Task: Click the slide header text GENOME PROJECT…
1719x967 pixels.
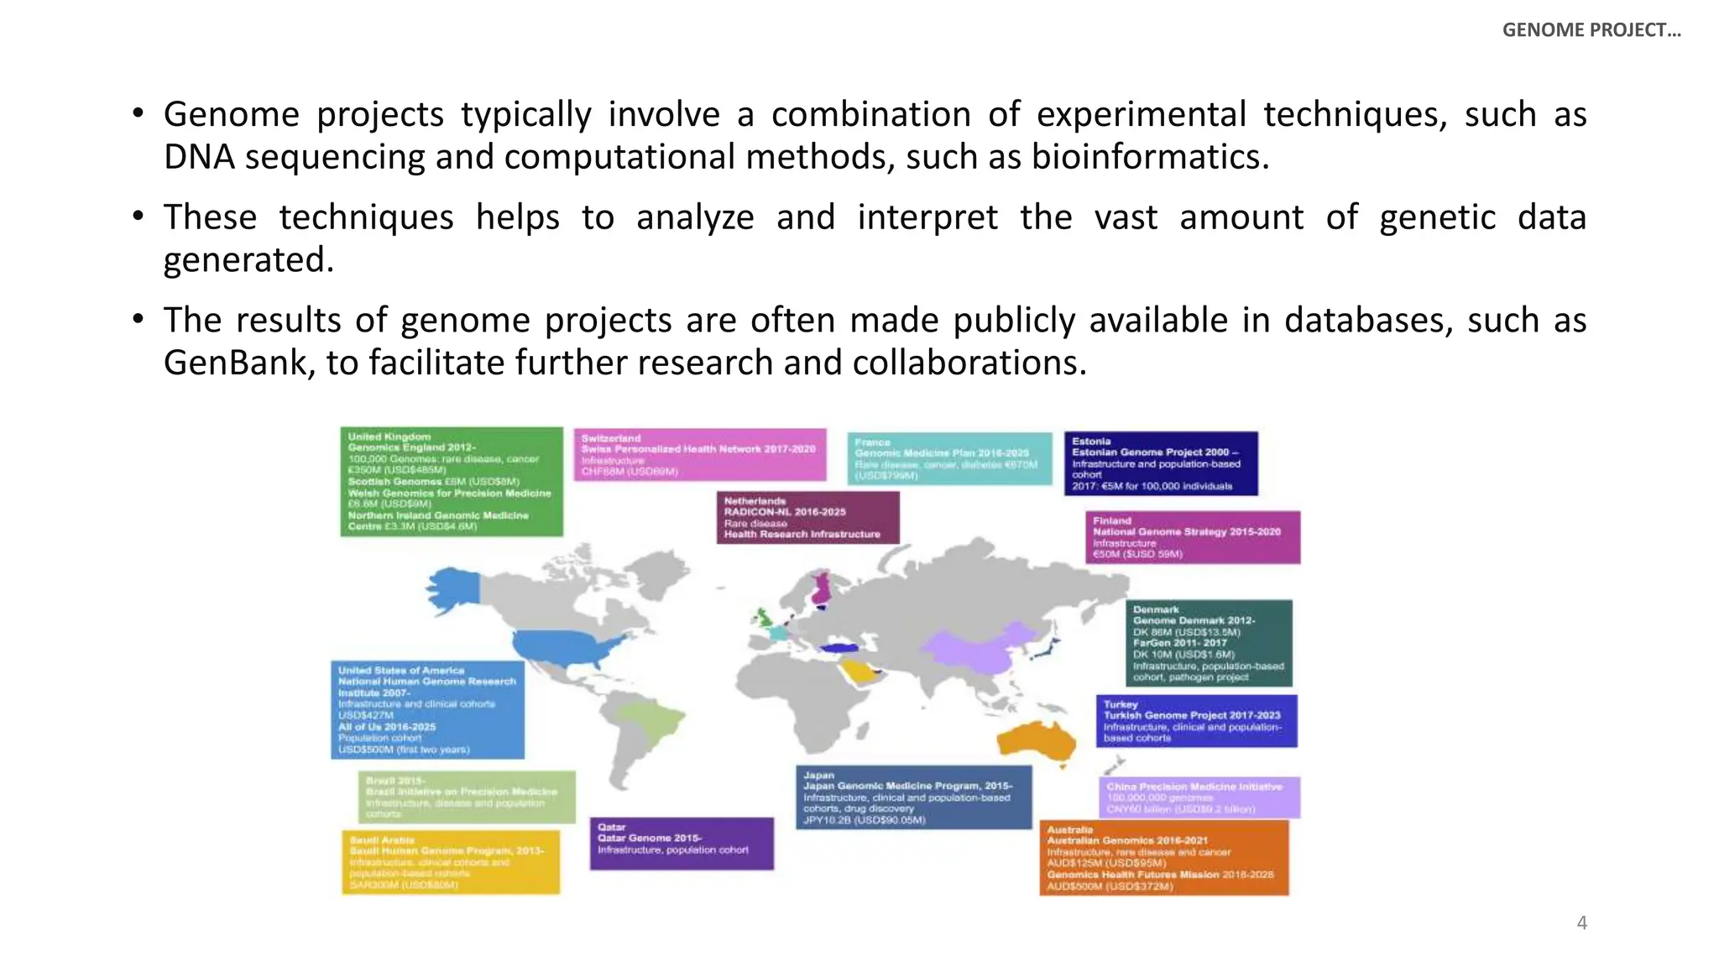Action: point(1591,30)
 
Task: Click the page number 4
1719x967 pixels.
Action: point(1581,923)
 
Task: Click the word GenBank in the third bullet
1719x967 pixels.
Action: point(234,363)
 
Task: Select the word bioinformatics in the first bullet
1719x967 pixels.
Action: point(1149,157)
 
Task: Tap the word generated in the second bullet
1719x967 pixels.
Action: point(248,260)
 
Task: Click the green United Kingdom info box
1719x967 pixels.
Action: point(452,481)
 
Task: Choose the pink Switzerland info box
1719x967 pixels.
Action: point(700,454)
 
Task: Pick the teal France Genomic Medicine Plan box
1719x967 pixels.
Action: point(949,458)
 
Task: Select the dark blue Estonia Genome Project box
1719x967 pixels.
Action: point(1161,463)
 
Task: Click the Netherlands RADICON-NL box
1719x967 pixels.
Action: point(807,517)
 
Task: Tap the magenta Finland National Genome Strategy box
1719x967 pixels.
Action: point(1193,537)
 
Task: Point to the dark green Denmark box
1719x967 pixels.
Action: point(1209,643)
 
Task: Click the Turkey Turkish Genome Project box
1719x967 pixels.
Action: point(1196,720)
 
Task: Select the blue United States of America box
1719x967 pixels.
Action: point(427,709)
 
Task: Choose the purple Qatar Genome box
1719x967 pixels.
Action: point(682,843)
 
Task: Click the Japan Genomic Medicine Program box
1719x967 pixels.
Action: point(913,797)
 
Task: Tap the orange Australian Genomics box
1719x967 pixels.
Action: point(1163,857)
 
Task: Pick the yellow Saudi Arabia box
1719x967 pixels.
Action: point(451,862)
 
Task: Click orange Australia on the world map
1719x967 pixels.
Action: point(1039,740)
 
